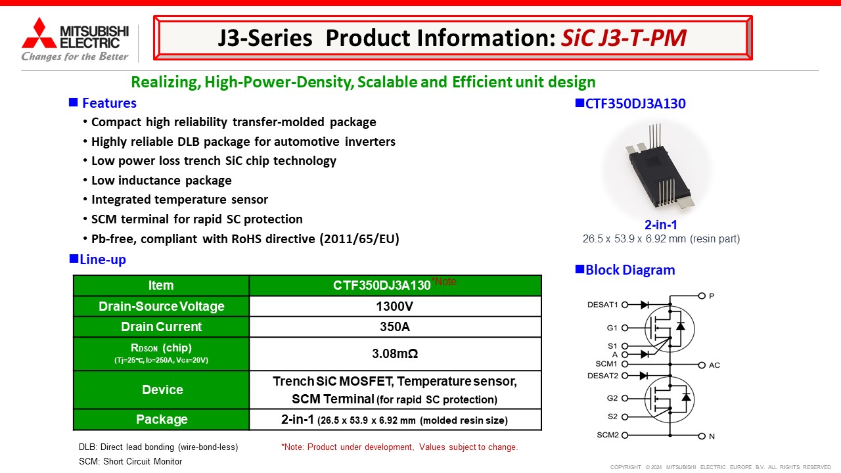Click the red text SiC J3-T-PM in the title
point(624,38)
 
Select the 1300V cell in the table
point(395,306)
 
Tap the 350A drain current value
point(395,327)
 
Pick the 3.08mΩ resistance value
point(395,353)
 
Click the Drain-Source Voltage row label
point(162,306)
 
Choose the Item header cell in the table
point(161,285)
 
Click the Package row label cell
point(162,419)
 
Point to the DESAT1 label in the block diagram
point(602,305)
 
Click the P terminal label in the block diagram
point(712,296)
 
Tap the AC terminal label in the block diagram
point(714,365)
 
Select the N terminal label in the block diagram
point(712,436)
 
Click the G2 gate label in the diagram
point(612,398)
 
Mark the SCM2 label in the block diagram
point(606,435)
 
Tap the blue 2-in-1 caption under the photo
point(660,225)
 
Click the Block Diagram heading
point(629,270)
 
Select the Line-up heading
point(102,259)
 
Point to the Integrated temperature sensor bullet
point(179,200)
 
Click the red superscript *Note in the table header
point(444,281)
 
